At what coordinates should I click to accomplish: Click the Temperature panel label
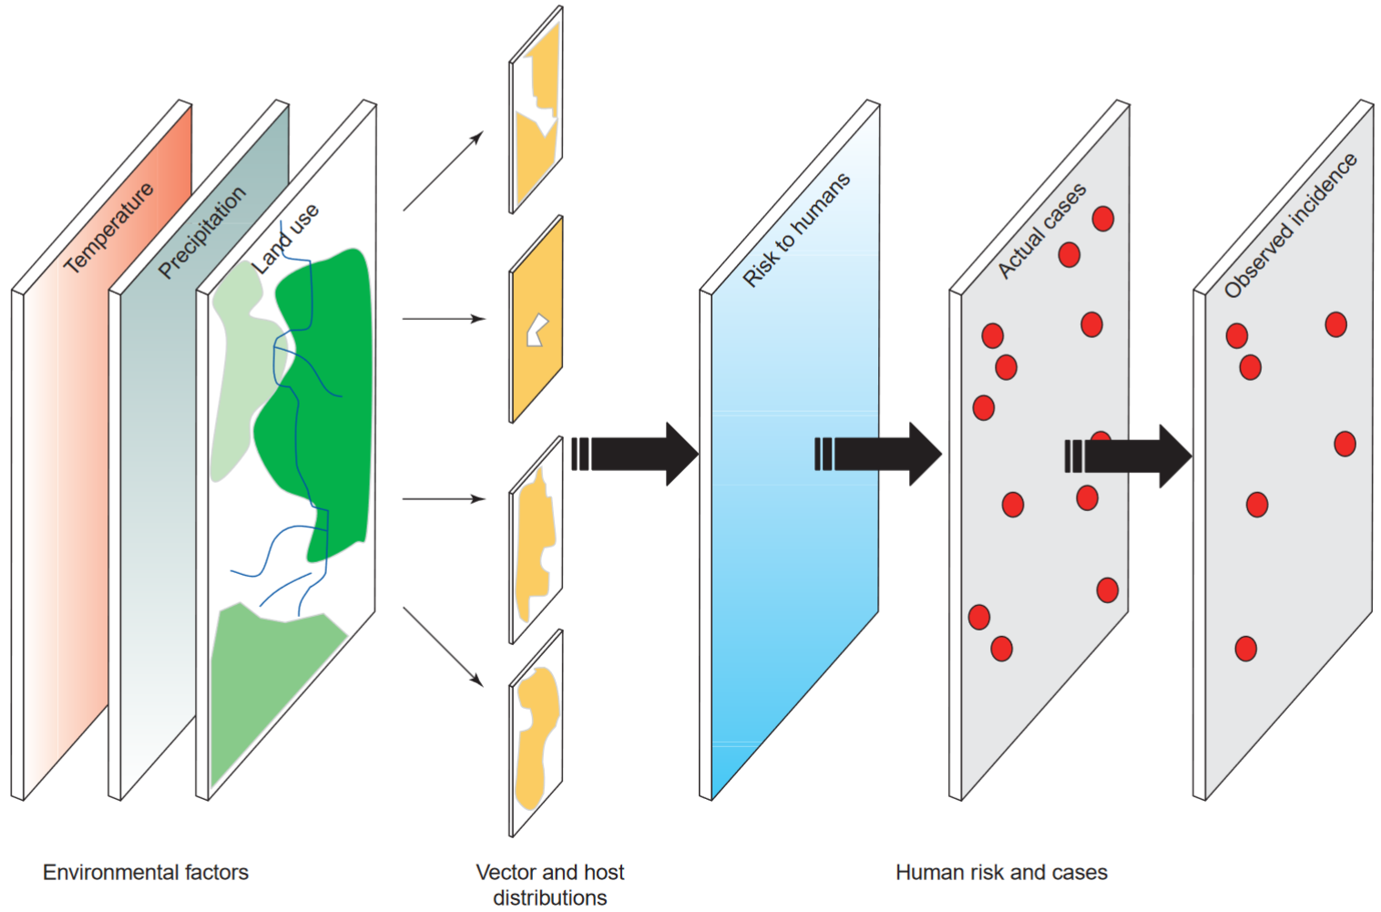click(x=109, y=228)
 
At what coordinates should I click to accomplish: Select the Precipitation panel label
click(x=202, y=231)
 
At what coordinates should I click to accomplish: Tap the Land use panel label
click(x=286, y=239)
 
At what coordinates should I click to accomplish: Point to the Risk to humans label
click(x=796, y=230)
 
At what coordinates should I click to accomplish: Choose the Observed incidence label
click(x=1290, y=226)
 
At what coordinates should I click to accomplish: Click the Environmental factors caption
click(x=146, y=872)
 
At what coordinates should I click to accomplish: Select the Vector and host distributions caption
click(x=549, y=884)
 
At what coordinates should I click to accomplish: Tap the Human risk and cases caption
click(x=1001, y=872)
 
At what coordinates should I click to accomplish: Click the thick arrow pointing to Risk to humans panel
click(x=638, y=454)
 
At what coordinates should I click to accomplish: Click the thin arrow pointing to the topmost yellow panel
click(x=443, y=171)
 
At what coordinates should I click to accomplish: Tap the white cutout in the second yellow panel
click(x=537, y=330)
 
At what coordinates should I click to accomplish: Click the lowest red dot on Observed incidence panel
click(x=1245, y=649)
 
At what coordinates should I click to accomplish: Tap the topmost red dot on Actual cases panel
click(x=1102, y=219)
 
